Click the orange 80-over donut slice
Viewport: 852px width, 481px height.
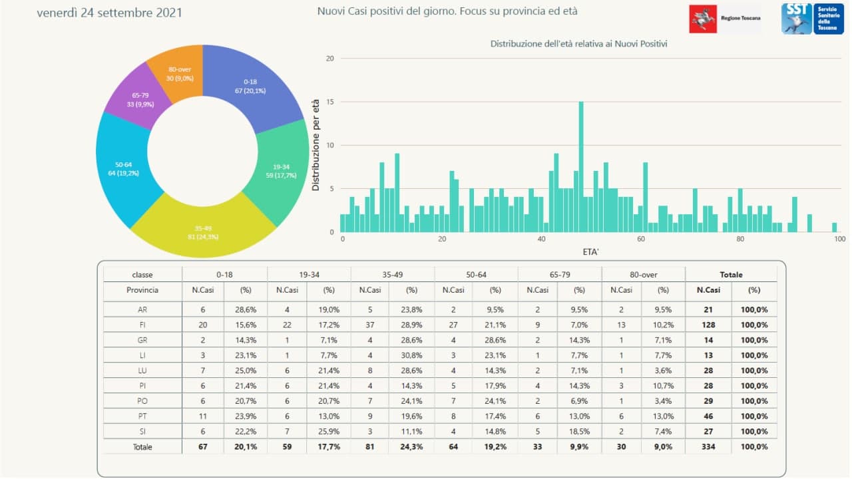[174, 73]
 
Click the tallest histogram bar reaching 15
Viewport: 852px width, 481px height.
[581, 166]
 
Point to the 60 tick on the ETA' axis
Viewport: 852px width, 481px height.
[641, 240]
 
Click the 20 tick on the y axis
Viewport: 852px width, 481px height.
[329, 59]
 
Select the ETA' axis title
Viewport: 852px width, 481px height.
[589, 251]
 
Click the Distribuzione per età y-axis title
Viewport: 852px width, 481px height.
[316, 146]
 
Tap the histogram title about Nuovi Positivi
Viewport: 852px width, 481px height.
[578, 44]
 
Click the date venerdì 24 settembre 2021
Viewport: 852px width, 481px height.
[109, 13]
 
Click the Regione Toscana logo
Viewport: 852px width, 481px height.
[724, 19]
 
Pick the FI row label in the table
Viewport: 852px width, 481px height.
[142, 325]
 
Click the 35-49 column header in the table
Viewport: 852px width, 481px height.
[392, 274]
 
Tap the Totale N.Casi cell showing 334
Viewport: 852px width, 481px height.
[708, 447]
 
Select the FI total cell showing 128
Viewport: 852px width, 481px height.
[708, 325]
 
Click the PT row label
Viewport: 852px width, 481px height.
[142, 416]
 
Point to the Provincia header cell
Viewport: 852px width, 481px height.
[142, 290]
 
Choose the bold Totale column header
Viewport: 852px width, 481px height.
[731, 274]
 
